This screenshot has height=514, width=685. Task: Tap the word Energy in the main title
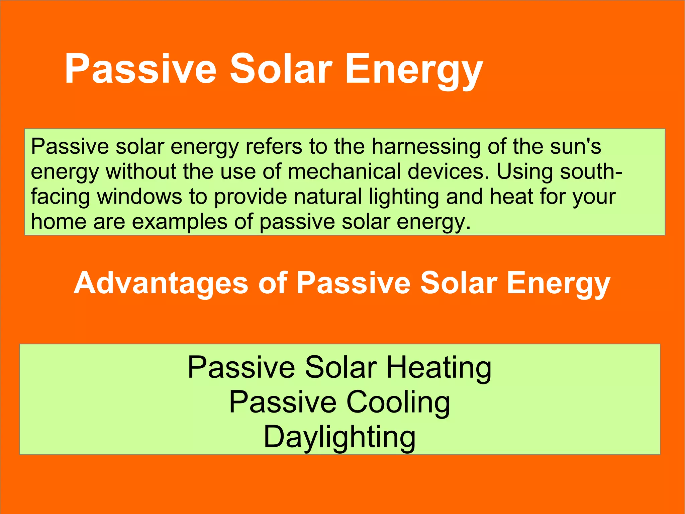tap(414, 70)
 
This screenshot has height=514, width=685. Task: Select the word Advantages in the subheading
tap(161, 283)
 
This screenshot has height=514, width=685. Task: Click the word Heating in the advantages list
tap(439, 368)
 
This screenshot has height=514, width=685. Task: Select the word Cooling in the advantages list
tap(398, 403)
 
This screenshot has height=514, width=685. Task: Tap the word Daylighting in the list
tap(339, 438)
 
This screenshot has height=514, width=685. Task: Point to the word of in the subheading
tap(273, 283)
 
